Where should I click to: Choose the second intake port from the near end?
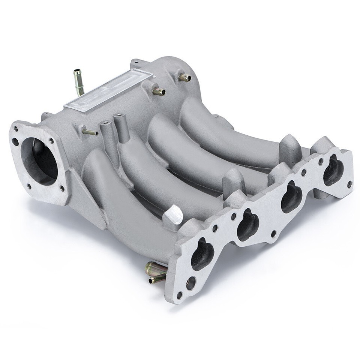pyautogui.click(x=247, y=224)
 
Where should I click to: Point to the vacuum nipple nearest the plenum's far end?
pyautogui.click(x=185, y=78)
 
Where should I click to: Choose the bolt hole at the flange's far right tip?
pyautogui.click(x=350, y=184)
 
